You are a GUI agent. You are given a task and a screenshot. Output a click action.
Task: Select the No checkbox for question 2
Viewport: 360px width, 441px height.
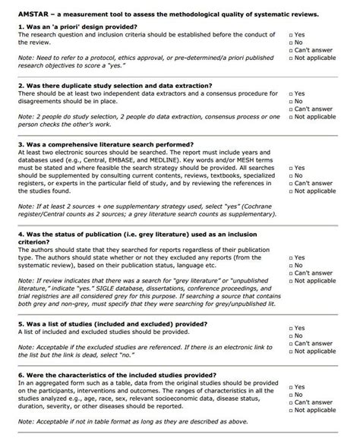[x=291, y=101]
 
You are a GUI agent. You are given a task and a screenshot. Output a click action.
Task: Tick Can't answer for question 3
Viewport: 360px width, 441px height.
[x=291, y=183]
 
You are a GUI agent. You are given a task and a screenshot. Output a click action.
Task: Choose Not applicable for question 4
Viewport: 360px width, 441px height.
[x=291, y=282]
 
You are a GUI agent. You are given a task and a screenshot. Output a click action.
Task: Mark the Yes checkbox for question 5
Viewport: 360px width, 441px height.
[x=291, y=328]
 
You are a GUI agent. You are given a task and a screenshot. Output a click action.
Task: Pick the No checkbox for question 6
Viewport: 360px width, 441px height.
[x=291, y=395]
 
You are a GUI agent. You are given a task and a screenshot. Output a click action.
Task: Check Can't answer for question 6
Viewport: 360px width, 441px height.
[x=291, y=403]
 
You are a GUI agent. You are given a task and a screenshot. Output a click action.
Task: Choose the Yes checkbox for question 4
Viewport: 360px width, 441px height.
[x=291, y=257]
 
